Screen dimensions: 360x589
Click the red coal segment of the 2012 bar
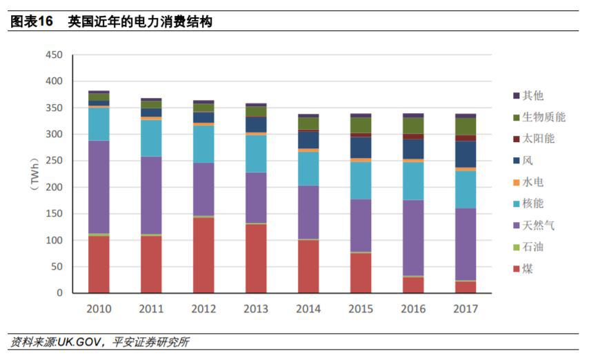pos(203,255)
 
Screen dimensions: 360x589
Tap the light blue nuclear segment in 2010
pos(99,124)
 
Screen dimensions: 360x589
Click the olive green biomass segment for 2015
pos(361,125)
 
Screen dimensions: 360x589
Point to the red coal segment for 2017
pos(466,287)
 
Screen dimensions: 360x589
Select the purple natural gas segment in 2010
pos(99,187)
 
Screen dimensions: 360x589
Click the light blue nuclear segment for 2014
pos(308,168)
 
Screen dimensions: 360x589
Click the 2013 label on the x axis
pos(256,309)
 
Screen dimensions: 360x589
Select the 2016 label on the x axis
pos(413,309)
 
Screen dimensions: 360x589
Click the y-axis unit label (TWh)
pos(34,174)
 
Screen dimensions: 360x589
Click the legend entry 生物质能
pos(543,117)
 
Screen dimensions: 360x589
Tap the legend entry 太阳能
pos(538,139)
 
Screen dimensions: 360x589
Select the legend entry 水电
pos(532,182)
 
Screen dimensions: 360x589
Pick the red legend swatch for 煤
pos(515,269)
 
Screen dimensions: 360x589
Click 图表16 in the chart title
pos(31,21)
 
